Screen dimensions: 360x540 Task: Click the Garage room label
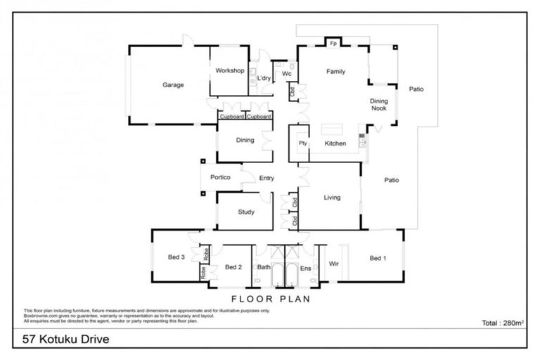click(x=173, y=85)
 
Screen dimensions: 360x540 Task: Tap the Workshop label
click(x=230, y=71)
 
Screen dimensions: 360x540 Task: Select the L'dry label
click(x=264, y=78)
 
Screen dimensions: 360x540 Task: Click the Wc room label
click(x=286, y=73)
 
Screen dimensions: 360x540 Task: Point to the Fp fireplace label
click(x=333, y=43)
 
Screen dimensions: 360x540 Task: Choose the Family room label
click(x=335, y=72)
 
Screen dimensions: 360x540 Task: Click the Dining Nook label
click(x=379, y=104)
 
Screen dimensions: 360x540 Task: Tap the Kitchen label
click(x=335, y=143)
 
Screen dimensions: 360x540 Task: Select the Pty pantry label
click(x=303, y=143)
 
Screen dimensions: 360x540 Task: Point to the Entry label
click(x=266, y=178)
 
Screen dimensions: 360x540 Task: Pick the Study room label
click(x=245, y=212)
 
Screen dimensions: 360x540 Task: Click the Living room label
click(x=332, y=198)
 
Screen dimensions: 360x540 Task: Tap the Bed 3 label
click(x=176, y=258)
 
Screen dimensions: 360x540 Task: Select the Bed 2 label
click(x=233, y=267)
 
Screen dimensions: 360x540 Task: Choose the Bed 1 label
click(x=378, y=258)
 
